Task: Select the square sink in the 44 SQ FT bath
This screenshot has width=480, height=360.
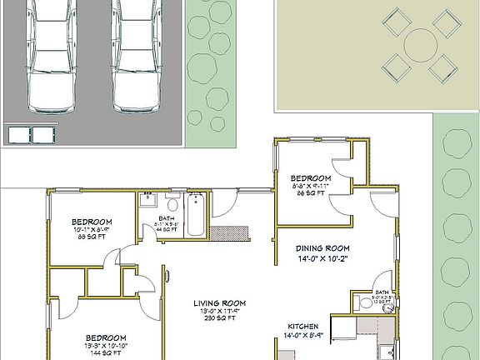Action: [x=147, y=198]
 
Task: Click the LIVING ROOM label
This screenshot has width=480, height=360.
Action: [x=218, y=303]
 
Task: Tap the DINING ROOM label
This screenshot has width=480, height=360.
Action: [x=323, y=248]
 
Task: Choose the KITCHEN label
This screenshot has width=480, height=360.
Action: [x=304, y=327]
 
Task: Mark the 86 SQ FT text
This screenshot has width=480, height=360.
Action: [x=311, y=193]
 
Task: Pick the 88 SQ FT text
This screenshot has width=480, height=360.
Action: [x=92, y=237]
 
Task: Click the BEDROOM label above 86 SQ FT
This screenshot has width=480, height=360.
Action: [x=311, y=179]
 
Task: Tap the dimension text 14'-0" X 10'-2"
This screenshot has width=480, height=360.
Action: [x=323, y=258]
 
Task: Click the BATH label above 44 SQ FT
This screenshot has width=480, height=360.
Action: [x=167, y=217]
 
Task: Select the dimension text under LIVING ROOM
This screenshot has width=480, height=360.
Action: [x=218, y=312]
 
